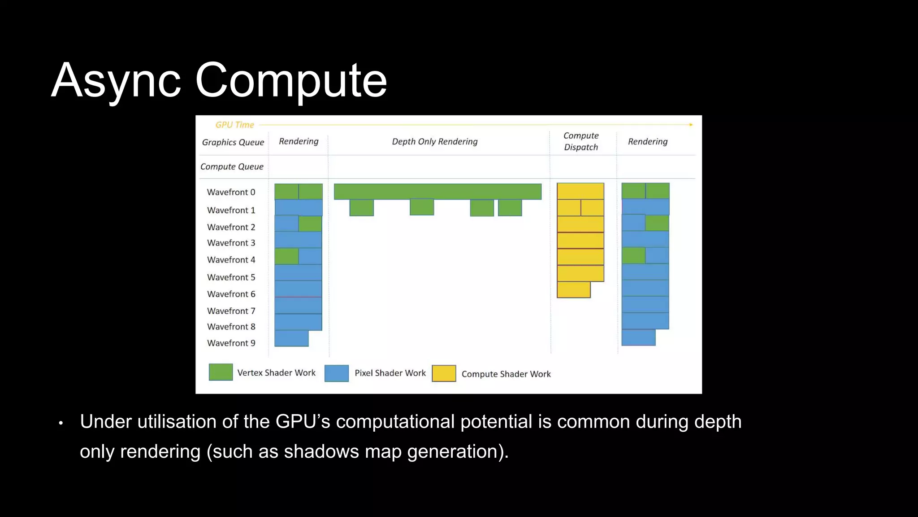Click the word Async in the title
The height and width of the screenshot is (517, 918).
click(x=116, y=81)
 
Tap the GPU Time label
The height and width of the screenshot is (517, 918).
click(x=234, y=125)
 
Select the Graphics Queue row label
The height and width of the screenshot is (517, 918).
click(x=233, y=142)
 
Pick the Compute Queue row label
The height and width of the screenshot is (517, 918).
click(x=232, y=166)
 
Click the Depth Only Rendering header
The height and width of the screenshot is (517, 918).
click(x=434, y=142)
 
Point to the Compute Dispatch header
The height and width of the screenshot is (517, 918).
click(x=581, y=141)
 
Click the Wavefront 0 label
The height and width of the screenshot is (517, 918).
click(x=231, y=192)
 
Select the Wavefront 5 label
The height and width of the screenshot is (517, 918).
click(x=231, y=277)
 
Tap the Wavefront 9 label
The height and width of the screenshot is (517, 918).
click(x=231, y=343)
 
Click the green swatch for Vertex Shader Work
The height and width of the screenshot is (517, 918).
click(x=221, y=372)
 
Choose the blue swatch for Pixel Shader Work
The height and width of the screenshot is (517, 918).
click(x=336, y=373)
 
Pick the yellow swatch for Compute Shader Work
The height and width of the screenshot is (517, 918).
click(x=444, y=373)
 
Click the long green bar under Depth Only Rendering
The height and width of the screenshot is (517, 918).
click(x=437, y=191)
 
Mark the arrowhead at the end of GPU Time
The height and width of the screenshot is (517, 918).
click(x=691, y=125)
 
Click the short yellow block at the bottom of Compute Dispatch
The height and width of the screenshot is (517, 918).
click(x=573, y=290)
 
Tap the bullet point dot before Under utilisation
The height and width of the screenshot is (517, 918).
click(x=61, y=423)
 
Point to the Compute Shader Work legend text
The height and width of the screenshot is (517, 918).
click(x=506, y=374)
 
